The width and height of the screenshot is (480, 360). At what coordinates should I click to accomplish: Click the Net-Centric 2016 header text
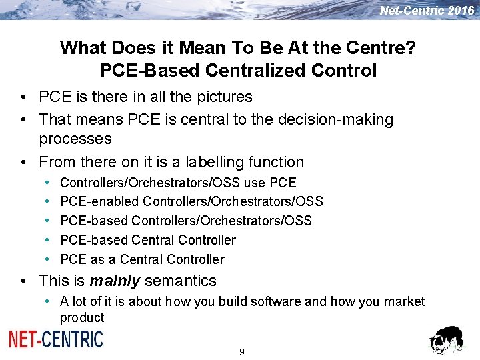click(x=427, y=11)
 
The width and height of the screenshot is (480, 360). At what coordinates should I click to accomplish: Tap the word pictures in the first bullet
click(x=223, y=97)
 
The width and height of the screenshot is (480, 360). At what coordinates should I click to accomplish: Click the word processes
click(x=75, y=139)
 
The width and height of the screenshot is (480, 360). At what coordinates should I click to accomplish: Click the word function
click(x=277, y=162)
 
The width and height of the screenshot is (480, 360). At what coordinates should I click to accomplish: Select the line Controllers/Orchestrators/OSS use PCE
click(x=178, y=183)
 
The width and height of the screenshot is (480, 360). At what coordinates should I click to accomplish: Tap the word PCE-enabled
click(x=99, y=201)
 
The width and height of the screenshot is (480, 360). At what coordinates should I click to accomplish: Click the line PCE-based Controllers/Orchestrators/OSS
click(x=186, y=221)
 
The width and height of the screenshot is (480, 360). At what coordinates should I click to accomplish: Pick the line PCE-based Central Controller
click(x=148, y=240)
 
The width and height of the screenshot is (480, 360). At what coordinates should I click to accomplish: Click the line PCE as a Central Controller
click(x=142, y=259)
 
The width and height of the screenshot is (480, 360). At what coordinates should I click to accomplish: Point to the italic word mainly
click(x=115, y=281)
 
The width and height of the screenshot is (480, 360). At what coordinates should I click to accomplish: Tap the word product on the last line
click(x=82, y=317)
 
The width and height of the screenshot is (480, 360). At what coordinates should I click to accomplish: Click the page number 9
click(x=241, y=352)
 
